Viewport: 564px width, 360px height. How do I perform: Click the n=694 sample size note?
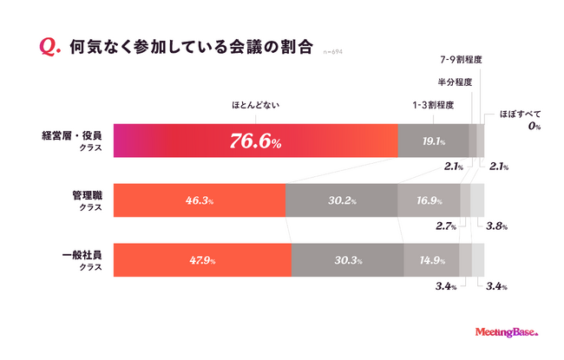pos(333,52)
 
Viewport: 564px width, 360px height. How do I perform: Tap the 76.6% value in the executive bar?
pos(254,141)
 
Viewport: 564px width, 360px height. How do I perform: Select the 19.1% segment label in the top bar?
pos(434,141)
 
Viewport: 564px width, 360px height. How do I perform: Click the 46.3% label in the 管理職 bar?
pos(200,200)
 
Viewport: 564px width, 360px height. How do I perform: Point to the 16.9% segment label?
pos(428,200)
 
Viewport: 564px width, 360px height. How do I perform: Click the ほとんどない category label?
pos(253,106)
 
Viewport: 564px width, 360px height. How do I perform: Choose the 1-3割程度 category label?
pos(434,106)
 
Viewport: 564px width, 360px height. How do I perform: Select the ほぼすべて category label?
pos(521,114)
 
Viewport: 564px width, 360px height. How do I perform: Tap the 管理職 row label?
pos(85,195)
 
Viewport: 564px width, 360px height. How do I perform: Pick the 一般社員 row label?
pos(82,255)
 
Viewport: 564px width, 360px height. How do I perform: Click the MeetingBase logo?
pos(508,331)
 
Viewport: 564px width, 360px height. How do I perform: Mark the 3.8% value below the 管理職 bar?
pos(497,226)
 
